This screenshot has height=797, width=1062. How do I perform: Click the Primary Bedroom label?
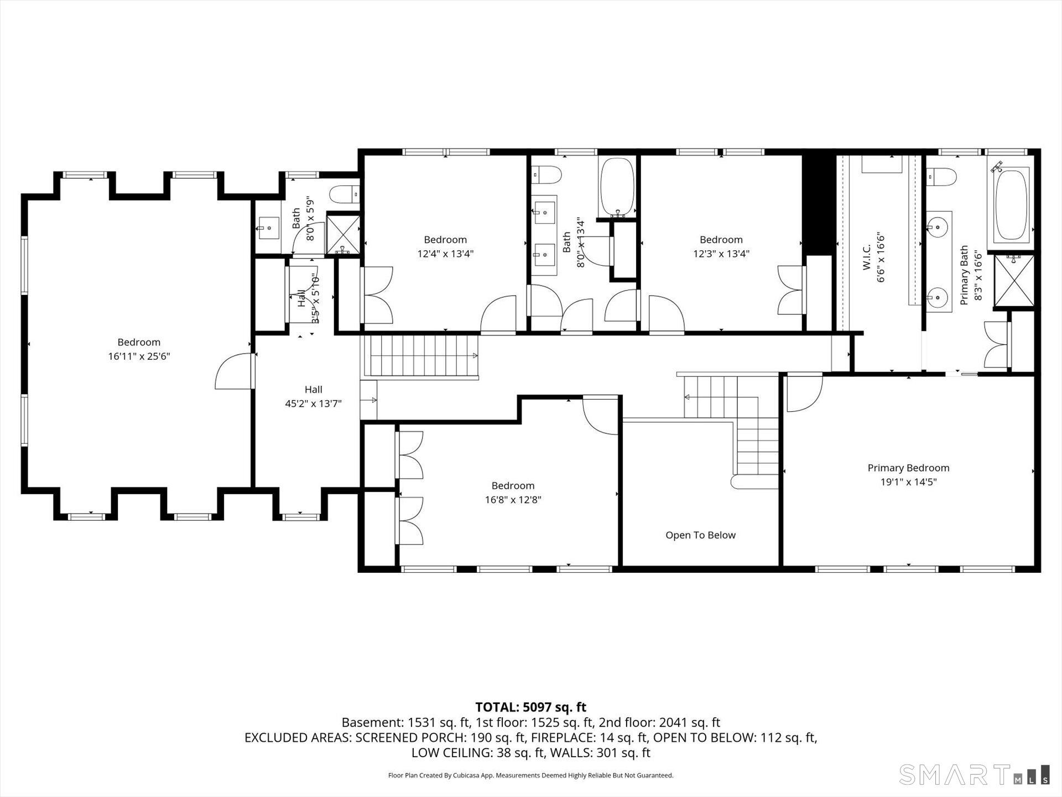[x=908, y=468]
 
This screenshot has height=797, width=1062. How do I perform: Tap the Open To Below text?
[x=700, y=535]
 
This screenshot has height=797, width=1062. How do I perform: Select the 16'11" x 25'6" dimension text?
[x=139, y=356]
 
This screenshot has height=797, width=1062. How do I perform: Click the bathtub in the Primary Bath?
[x=1012, y=203]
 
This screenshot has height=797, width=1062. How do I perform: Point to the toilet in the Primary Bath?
[x=942, y=177]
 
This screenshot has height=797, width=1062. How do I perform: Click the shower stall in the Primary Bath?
[x=1014, y=281]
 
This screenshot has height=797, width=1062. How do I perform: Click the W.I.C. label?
[x=867, y=257]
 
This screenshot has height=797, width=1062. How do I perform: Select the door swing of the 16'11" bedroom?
[x=232, y=371]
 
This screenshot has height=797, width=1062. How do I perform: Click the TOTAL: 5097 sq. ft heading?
[x=530, y=707]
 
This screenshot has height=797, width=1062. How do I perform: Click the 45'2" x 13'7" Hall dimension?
[x=313, y=404]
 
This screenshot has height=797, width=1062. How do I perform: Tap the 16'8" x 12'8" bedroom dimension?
[x=513, y=500]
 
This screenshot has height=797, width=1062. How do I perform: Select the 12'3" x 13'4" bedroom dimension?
[x=721, y=254]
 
